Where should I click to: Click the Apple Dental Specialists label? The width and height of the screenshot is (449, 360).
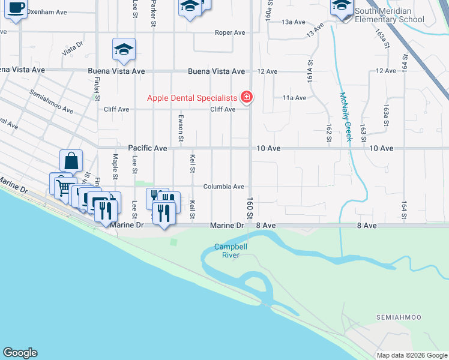point(193,98)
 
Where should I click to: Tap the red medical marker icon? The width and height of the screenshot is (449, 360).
point(246,97)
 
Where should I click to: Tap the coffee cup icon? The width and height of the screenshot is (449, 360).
point(16,9)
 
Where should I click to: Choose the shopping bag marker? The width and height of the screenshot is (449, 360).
point(71,161)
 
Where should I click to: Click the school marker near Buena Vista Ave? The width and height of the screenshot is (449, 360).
point(124,50)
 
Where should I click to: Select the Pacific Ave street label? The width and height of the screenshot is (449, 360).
point(147,148)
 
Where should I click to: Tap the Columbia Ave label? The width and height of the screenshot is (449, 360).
point(223,187)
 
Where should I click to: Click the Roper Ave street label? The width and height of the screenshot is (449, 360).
point(231,33)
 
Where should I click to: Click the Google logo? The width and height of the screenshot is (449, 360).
point(20,353)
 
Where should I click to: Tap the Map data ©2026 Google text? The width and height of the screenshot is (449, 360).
point(411,355)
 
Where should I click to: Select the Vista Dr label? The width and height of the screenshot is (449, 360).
point(71,50)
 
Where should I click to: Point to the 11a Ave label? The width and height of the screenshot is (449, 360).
point(295,98)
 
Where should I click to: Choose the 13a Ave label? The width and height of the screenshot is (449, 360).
point(294,22)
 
